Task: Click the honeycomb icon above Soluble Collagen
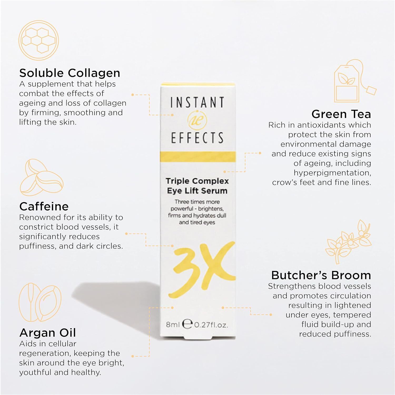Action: coord(38,41)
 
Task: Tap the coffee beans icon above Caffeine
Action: coord(42,177)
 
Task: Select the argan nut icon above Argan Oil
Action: coord(40,303)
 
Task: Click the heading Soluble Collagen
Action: coord(70,73)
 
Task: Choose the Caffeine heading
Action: coord(44,206)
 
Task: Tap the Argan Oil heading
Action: coord(48,333)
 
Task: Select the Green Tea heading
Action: coord(341,114)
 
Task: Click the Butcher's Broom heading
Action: coord(321,275)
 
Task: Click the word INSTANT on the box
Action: coord(197,102)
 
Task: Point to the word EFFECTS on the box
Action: coord(197,138)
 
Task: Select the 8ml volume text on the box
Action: coord(173,325)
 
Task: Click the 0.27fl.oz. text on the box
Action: coord(211,325)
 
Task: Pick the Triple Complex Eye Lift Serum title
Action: coord(197,186)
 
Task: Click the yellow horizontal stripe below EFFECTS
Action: coord(198,157)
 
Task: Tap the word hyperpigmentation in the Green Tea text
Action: coord(332,173)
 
